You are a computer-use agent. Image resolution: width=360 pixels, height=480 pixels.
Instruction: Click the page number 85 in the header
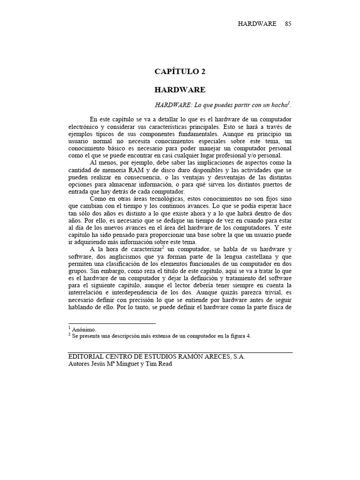[288, 24]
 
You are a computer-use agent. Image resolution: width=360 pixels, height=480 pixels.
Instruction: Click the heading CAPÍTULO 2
[180, 72]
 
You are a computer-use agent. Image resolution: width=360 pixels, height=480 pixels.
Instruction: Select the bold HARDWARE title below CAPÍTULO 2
[180, 89]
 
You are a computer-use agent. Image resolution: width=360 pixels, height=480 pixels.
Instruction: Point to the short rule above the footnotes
[112, 323]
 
